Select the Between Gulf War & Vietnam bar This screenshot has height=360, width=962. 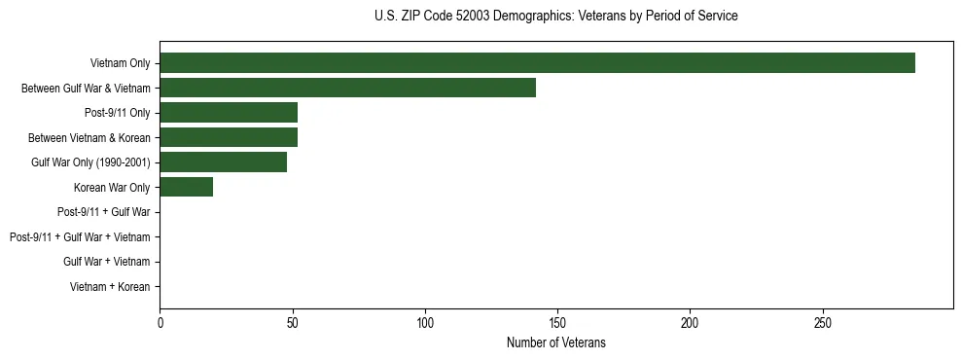[x=347, y=88]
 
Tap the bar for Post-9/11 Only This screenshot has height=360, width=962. [x=228, y=112]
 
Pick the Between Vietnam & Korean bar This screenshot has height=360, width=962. [x=228, y=137]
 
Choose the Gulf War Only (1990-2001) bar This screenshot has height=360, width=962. [x=223, y=162]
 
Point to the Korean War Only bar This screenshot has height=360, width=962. [x=186, y=187]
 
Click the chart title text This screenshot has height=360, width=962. [x=555, y=17]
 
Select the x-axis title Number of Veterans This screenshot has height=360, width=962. [x=555, y=342]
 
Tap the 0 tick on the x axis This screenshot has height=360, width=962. [x=160, y=322]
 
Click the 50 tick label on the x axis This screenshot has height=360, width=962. [x=292, y=322]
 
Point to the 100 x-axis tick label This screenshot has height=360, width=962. [x=425, y=322]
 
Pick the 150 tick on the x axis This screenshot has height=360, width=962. [x=557, y=322]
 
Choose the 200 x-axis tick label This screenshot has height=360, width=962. [x=690, y=322]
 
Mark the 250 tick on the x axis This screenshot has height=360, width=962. [x=823, y=322]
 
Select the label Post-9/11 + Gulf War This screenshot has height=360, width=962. [x=103, y=212]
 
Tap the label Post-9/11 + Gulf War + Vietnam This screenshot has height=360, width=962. [x=80, y=237]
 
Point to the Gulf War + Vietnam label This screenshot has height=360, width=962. [x=106, y=262]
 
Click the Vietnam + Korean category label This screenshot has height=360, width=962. [x=110, y=287]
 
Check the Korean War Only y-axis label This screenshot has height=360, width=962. [x=112, y=188]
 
